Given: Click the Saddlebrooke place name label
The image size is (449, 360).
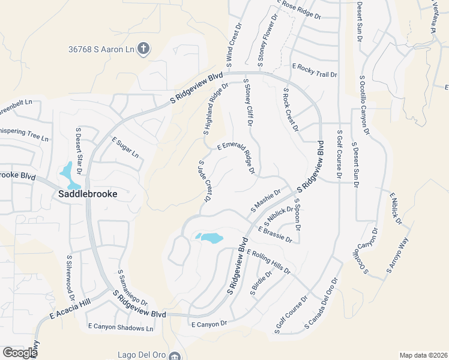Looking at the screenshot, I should click(x=88, y=194).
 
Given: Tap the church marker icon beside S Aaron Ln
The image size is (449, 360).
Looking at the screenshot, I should click(x=143, y=49).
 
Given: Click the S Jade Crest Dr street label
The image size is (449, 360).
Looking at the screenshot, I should click(x=205, y=181).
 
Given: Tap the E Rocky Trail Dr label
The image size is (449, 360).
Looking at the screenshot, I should click(x=314, y=70).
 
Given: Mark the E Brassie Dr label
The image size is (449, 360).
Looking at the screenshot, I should click(x=275, y=235).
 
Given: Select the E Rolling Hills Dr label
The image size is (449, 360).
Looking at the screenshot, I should click(x=268, y=261).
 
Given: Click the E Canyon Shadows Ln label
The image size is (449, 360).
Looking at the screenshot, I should click(x=121, y=328).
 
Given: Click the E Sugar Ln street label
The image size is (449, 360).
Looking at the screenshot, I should click(x=125, y=147).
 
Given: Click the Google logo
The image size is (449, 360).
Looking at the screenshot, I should click(x=20, y=353).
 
